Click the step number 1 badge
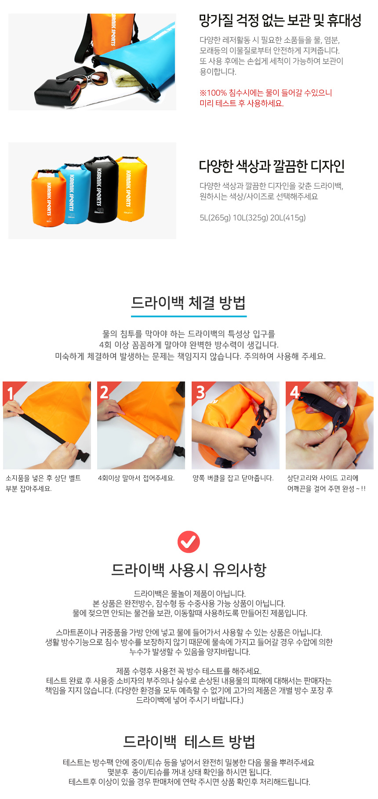tap(10, 392)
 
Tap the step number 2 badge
tap(105, 392)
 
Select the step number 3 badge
tap(200, 392)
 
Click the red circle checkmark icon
tap(189, 541)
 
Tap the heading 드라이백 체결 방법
tap(189, 303)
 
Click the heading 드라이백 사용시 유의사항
tap(189, 570)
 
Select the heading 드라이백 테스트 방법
tap(189, 741)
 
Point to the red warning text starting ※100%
tap(265, 98)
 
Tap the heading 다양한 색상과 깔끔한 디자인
tap(272, 166)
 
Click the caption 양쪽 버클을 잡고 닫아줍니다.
tap(233, 478)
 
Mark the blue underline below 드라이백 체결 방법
tap(189, 316)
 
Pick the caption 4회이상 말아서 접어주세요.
tap(136, 478)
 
